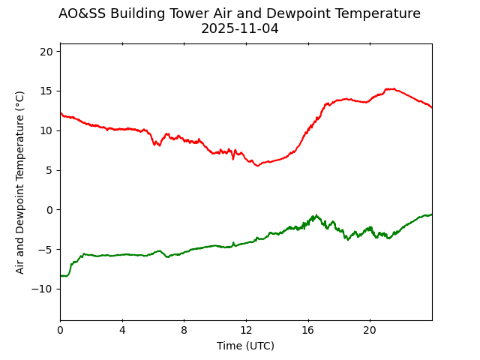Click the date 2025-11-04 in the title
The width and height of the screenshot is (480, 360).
tap(239, 29)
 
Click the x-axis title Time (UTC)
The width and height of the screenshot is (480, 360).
tap(245, 346)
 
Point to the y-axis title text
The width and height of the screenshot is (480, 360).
tap(20, 182)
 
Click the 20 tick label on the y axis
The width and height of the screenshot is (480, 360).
tap(46, 52)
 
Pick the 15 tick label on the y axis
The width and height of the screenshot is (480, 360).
tap(46, 91)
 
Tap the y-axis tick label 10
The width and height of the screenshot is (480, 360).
tap(46, 130)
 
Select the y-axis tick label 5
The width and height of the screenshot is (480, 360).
tap(49, 170)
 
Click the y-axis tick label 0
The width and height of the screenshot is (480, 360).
tap(49, 210)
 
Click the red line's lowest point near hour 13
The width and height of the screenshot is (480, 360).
tap(258, 165)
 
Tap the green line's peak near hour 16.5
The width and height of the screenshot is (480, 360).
tap(316, 215)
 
